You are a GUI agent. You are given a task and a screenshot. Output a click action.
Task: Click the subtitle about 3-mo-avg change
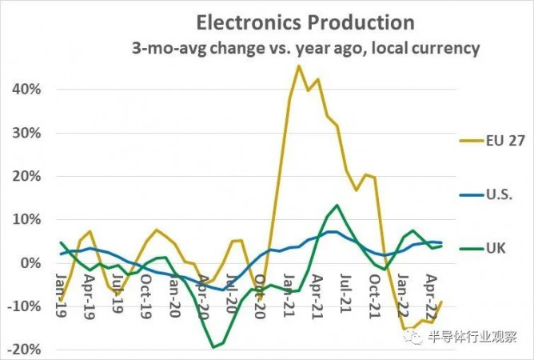[x=305, y=48]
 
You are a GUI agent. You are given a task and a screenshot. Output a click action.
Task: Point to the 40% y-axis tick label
[x=26, y=89]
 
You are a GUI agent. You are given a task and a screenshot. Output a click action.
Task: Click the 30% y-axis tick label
[x=26, y=132]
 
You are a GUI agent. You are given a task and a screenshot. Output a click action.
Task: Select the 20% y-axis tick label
[x=26, y=176]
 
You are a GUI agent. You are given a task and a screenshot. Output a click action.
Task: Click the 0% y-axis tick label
[x=30, y=263]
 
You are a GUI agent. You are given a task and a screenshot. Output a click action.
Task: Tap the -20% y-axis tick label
[x=23, y=350]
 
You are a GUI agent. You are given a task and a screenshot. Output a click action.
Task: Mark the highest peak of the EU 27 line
[x=298, y=66]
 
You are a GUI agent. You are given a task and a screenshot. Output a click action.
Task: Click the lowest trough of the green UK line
[x=213, y=346]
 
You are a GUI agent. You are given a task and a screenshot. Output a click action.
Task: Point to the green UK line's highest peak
[x=337, y=206]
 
